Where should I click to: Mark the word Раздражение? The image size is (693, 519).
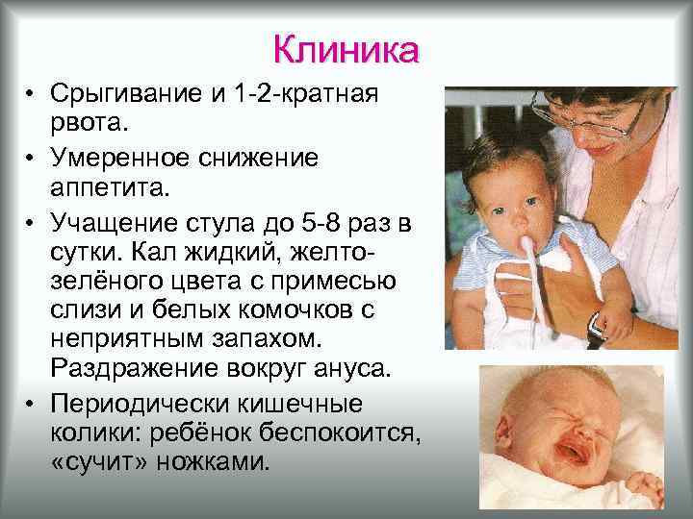[127, 371]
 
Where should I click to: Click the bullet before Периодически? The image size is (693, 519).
[32, 401]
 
